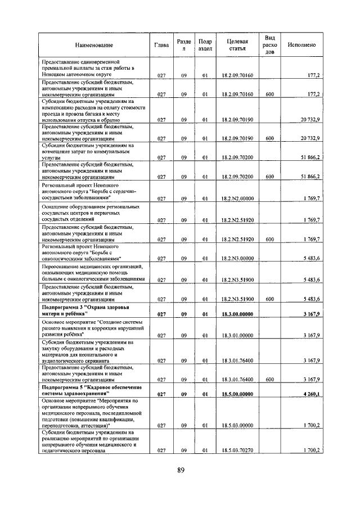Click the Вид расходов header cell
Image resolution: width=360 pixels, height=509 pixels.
pos(270,44)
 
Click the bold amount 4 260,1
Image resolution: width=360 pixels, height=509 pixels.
pos(310,394)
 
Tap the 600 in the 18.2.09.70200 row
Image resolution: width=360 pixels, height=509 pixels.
pos(270,177)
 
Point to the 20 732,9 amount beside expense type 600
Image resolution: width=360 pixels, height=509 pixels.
pos(310,138)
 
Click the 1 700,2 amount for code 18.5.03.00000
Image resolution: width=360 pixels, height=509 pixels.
pos(311,425)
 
